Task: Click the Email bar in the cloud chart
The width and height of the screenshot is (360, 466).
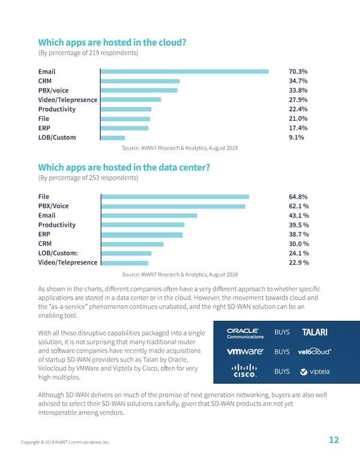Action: (184, 71)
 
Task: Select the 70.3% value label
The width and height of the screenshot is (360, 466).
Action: (298, 71)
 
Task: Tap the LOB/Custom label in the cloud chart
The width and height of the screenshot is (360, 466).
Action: (57, 137)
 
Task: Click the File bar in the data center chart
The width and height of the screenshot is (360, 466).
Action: (175, 196)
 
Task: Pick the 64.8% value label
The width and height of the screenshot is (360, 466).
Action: (298, 196)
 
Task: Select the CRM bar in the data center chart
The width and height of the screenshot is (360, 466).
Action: (133, 244)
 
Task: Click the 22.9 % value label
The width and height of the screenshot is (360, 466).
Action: (299, 262)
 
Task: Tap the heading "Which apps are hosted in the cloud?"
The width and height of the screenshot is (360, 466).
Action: (112, 43)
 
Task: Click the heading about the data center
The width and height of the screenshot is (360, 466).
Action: (124, 168)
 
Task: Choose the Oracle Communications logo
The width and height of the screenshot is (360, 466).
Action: (243, 333)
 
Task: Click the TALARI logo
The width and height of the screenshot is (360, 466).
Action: (314, 333)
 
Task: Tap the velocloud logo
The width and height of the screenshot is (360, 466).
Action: (316, 351)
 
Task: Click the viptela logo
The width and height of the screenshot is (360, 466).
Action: (314, 372)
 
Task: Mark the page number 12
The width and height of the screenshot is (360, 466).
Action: (334, 440)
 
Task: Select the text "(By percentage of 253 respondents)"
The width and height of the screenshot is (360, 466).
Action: (88, 178)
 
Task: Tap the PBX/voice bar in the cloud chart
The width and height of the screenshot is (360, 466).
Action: (139, 90)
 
